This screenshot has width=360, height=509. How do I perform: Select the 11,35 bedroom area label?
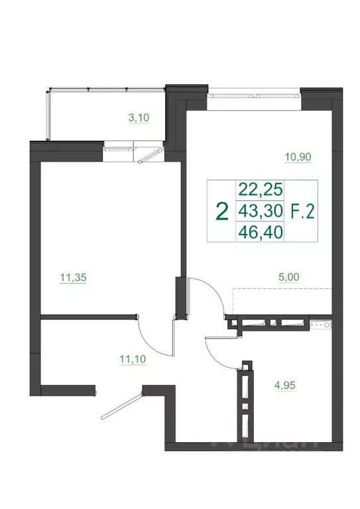75,279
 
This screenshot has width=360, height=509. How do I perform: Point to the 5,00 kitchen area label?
289,280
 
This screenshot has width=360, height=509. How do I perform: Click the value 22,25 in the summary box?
260,190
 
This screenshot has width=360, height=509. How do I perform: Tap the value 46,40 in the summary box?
260,233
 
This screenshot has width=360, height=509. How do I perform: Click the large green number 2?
223,211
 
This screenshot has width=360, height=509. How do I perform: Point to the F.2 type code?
302,211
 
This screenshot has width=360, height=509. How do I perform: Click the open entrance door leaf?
123,406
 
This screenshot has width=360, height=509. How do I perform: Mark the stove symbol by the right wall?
326,325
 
